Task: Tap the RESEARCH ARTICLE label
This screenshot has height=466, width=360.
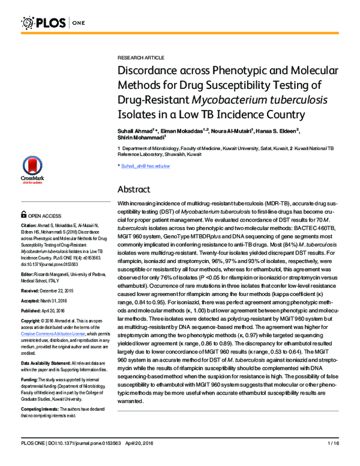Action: [140, 57]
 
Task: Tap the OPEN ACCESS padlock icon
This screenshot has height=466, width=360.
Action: [24, 214]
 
